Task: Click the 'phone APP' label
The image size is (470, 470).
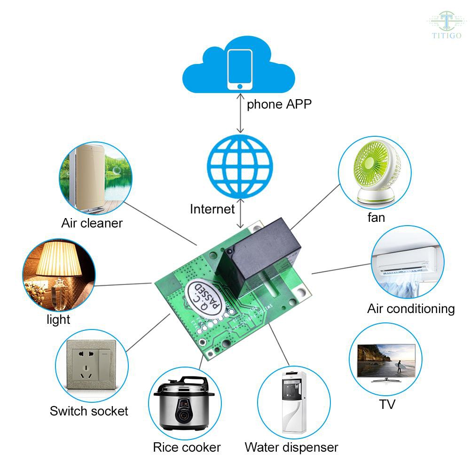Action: [279, 104]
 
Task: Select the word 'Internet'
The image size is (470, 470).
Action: [212, 209]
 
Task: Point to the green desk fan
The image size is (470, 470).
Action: [374, 174]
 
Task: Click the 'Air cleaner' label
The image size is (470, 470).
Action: [92, 223]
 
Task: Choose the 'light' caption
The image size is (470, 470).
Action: [58, 320]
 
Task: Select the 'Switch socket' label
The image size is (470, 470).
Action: [89, 411]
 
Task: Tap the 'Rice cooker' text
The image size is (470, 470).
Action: [187, 447]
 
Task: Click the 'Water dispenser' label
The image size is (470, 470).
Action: [291, 447]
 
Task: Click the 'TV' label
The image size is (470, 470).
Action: [387, 404]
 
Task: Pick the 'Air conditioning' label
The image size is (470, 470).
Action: [411, 309]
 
